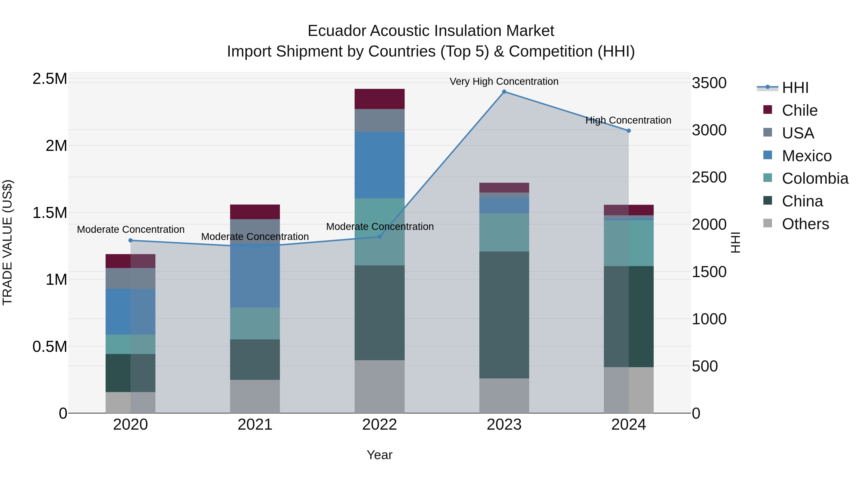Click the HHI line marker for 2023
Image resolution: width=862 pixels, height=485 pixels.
coord(504,92)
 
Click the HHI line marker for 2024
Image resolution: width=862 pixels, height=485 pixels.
coord(629,131)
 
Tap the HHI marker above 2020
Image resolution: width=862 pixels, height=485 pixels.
coord(130,240)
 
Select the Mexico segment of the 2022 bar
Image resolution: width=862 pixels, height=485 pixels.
coord(380,165)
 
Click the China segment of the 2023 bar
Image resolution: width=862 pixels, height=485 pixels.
coord(504,315)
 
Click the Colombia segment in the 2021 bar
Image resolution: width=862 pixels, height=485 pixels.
coord(255,323)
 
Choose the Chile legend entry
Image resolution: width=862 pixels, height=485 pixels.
coord(800,110)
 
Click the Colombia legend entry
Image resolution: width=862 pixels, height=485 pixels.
coord(815,178)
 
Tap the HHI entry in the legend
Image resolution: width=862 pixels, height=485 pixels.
coord(795,88)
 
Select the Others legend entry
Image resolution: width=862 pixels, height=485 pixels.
coord(805,224)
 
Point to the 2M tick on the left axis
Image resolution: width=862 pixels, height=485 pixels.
coord(56,146)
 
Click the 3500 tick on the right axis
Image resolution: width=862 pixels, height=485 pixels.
coord(709,83)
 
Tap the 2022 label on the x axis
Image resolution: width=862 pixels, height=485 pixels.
coord(380,425)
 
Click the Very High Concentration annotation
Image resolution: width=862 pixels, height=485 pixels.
coord(504,81)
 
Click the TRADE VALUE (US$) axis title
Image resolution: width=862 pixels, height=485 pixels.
coord(7,242)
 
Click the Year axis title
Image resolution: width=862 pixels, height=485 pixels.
coord(380,455)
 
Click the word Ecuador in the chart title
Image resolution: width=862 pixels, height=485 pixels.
coord(336,31)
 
